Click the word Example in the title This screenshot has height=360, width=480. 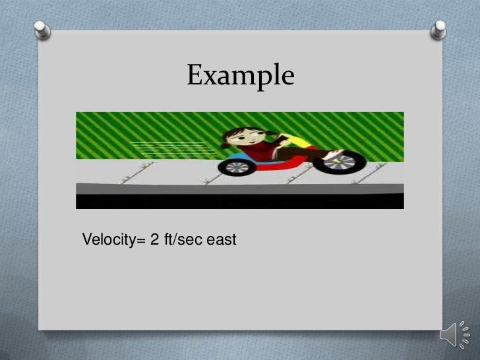239,76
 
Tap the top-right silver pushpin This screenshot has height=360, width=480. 438,30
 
